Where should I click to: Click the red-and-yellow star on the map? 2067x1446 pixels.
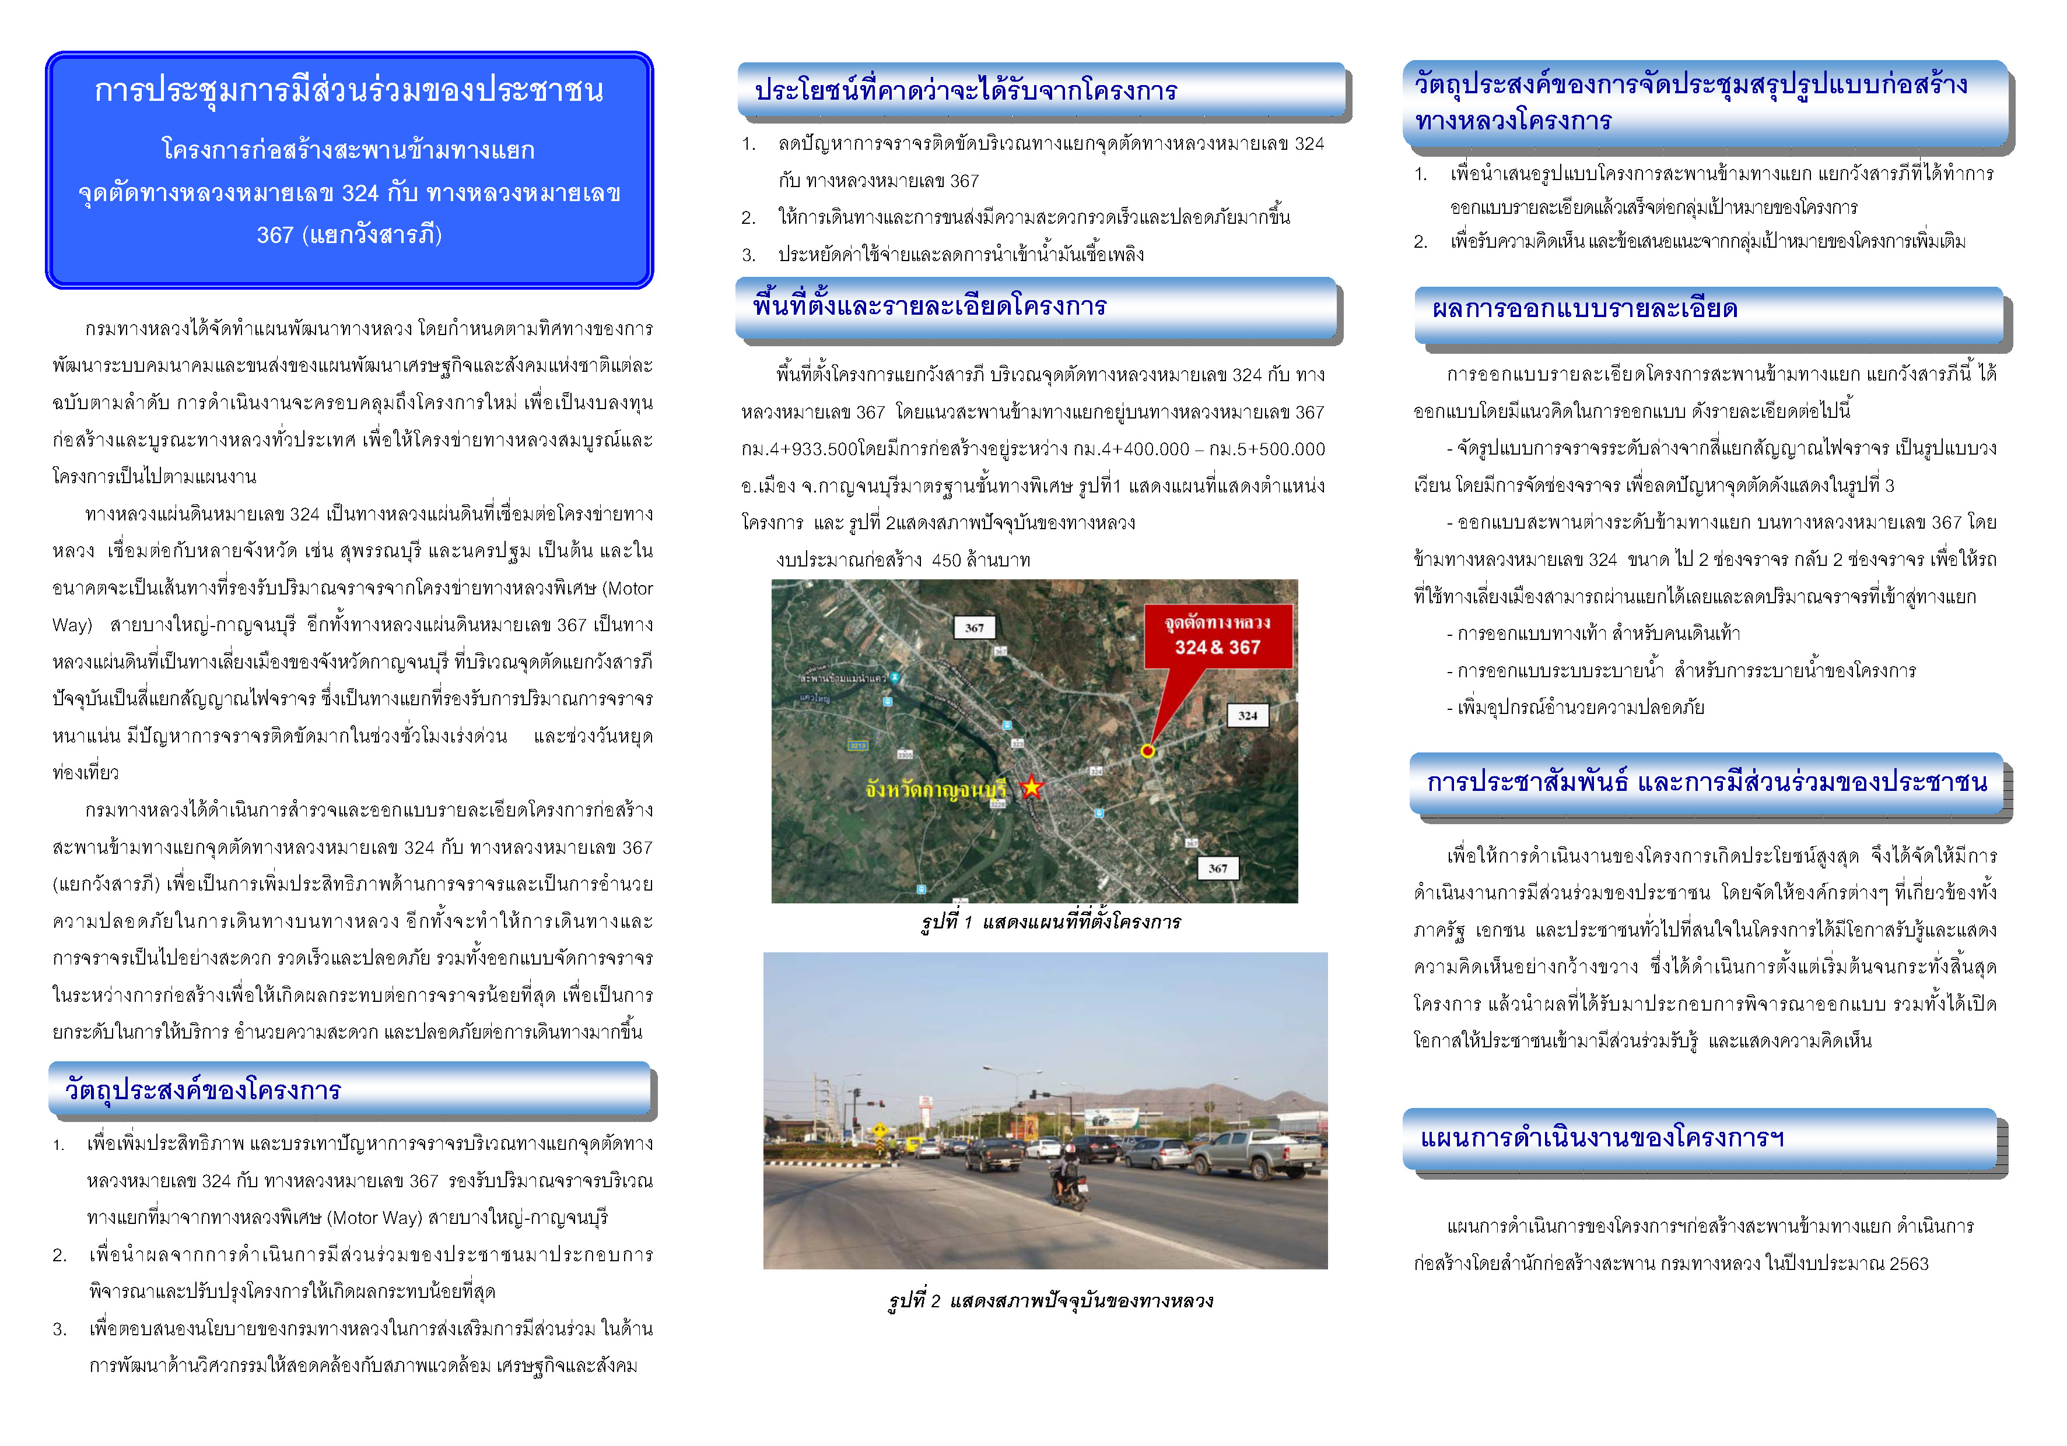click(x=1031, y=787)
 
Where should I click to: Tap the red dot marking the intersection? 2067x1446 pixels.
click(x=1147, y=751)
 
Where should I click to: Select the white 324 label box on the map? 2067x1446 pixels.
click(x=1247, y=715)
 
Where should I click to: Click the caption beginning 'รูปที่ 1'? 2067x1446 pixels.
click(x=1050, y=921)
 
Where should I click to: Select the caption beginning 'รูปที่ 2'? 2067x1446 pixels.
click(x=1050, y=1300)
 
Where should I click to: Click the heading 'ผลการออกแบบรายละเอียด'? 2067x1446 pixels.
click(x=1585, y=309)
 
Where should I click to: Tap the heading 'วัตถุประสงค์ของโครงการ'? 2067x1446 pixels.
click(x=202, y=1090)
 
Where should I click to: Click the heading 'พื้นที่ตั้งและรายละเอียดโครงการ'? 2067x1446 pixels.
click(x=930, y=306)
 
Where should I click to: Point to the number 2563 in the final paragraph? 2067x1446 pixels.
click(x=1908, y=1264)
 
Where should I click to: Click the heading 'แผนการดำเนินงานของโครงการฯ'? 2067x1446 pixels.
click(x=1603, y=1137)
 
